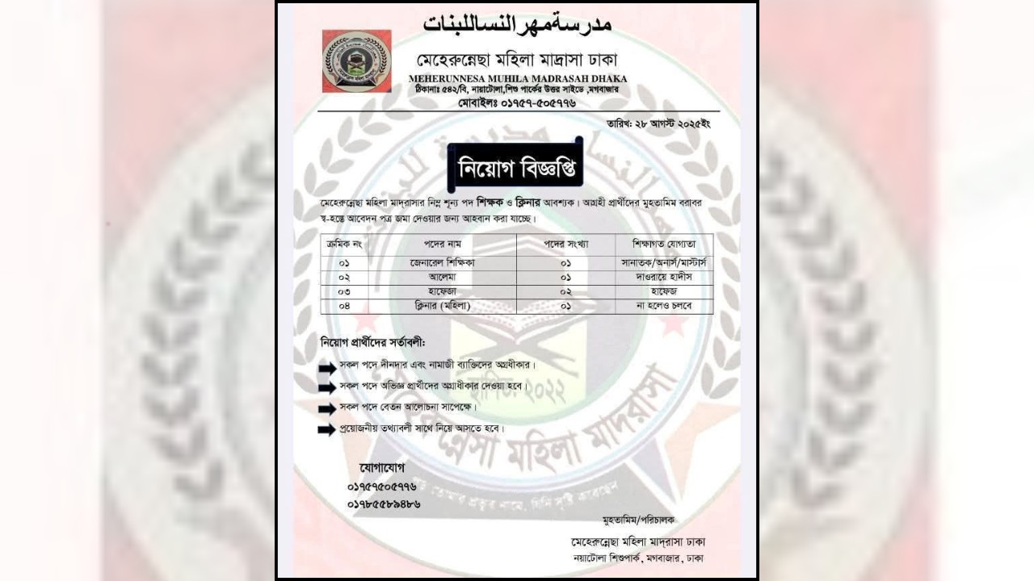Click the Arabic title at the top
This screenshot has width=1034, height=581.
pos(517,23)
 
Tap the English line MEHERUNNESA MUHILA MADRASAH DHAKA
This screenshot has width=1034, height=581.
pos(517,78)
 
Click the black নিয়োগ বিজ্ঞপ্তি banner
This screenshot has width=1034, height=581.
pos(515,169)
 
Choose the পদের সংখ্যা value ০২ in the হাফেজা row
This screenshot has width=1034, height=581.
pos(565,291)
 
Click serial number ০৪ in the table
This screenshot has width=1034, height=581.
pos(344,307)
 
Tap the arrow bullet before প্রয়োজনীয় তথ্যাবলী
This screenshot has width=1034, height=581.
pos(326,429)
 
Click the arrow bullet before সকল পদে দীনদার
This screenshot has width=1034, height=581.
pos(326,367)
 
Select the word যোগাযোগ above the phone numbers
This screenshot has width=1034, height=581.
pos(381,468)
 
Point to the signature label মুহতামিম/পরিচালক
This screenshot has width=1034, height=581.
pos(638,519)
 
